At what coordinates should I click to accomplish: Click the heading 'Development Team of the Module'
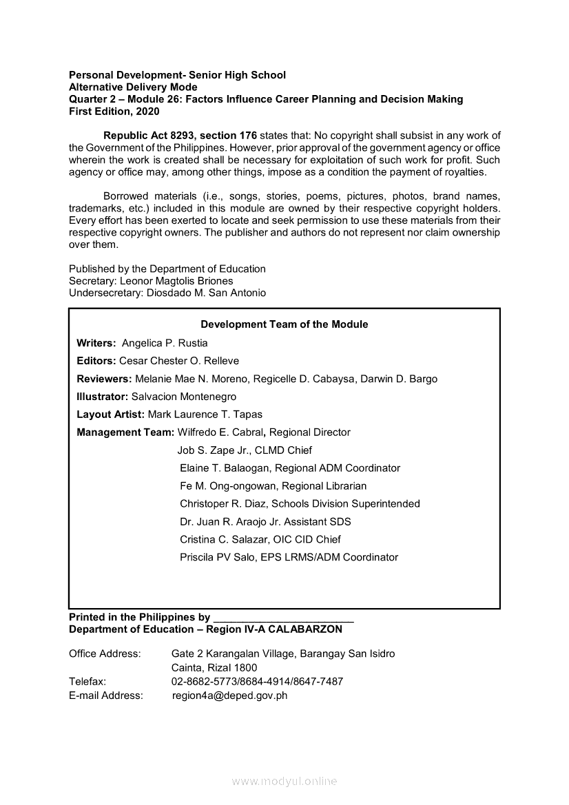pyautogui.click(x=284, y=324)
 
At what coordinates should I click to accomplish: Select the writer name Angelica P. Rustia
pyautogui.click(x=165, y=343)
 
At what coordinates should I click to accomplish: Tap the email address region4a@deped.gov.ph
pyautogui.click(x=229, y=696)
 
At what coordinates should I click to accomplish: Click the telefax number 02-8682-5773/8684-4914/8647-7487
pyautogui.click(x=257, y=682)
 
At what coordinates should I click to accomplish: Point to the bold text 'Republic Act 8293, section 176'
pyautogui.click(x=180, y=136)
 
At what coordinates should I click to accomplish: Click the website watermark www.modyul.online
pyautogui.click(x=284, y=782)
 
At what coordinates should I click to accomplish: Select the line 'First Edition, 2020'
pyautogui.click(x=114, y=111)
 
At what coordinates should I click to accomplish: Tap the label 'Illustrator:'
pyautogui.click(x=103, y=397)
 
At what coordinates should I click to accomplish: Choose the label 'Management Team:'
pyautogui.click(x=125, y=432)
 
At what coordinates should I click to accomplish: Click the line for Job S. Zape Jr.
pyautogui.click(x=245, y=450)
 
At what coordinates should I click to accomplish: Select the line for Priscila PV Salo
pyautogui.click(x=289, y=557)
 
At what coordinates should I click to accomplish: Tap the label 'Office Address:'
pyautogui.click(x=105, y=654)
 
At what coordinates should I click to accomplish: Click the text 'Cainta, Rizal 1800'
pyautogui.click(x=214, y=667)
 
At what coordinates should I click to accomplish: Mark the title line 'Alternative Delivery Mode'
pyautogui.click(x=133, y=87)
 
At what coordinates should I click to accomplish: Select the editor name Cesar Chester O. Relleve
pyautogui.click(x=179, y=361)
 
